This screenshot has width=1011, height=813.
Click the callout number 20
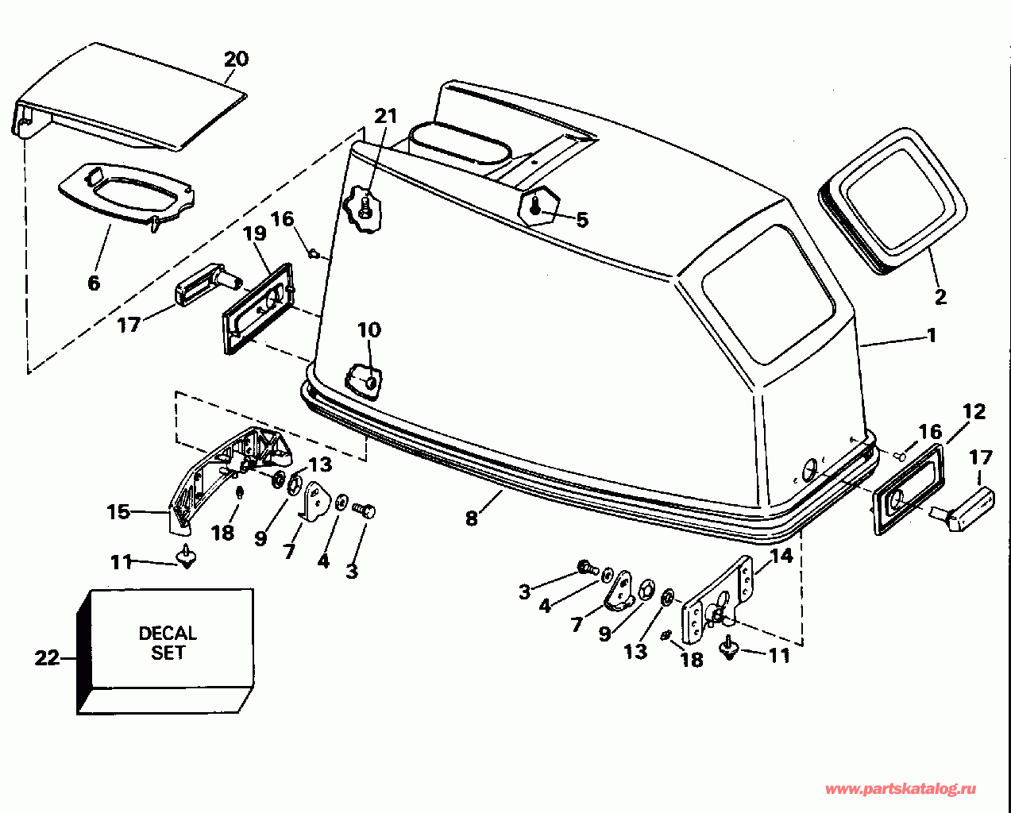(236, 60)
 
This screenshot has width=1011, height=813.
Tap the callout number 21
(386, 116)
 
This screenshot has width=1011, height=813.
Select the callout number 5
(582, 220)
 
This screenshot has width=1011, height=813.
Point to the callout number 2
(940, 297)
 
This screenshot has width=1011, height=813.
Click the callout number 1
(931, 335)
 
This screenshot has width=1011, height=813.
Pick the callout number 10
(369, 329)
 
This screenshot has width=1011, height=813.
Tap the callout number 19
(255, 233)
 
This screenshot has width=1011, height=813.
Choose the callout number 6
(94, 283)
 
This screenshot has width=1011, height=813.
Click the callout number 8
(471, 518)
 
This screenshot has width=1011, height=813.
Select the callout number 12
(974, 412)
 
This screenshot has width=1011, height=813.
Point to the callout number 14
(781, 556)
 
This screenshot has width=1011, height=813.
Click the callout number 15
(118, 512)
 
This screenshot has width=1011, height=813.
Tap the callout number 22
(47, 658)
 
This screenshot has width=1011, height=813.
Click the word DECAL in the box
(168, 633)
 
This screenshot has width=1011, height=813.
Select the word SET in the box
(168, 653)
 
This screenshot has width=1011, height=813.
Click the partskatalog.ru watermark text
(901, 789)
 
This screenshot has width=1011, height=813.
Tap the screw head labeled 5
(535, 206)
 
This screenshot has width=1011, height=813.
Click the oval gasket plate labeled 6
(127, 194)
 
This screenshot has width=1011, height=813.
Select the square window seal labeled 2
(893, 201)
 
